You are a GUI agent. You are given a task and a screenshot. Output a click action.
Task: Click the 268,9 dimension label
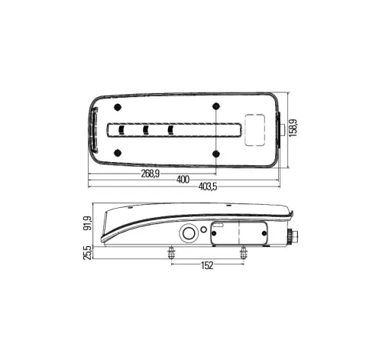[x=151, y=174]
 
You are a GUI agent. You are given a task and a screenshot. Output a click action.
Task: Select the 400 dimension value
[x=183, y=180]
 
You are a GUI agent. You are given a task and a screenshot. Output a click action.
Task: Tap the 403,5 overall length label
[x=208, y=187]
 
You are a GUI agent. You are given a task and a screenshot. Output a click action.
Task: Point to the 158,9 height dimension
[x=293, y=128]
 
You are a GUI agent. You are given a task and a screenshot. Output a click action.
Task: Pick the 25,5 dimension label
[x=87, y=252]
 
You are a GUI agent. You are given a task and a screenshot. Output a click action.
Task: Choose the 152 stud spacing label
[x=207, y=265]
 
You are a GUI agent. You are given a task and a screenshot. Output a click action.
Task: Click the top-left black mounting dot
[x=118, y=108]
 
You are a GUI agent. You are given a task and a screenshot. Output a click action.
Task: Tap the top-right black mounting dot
[x=216, y=106]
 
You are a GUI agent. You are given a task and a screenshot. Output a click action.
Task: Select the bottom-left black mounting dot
[x=118, y=153]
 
